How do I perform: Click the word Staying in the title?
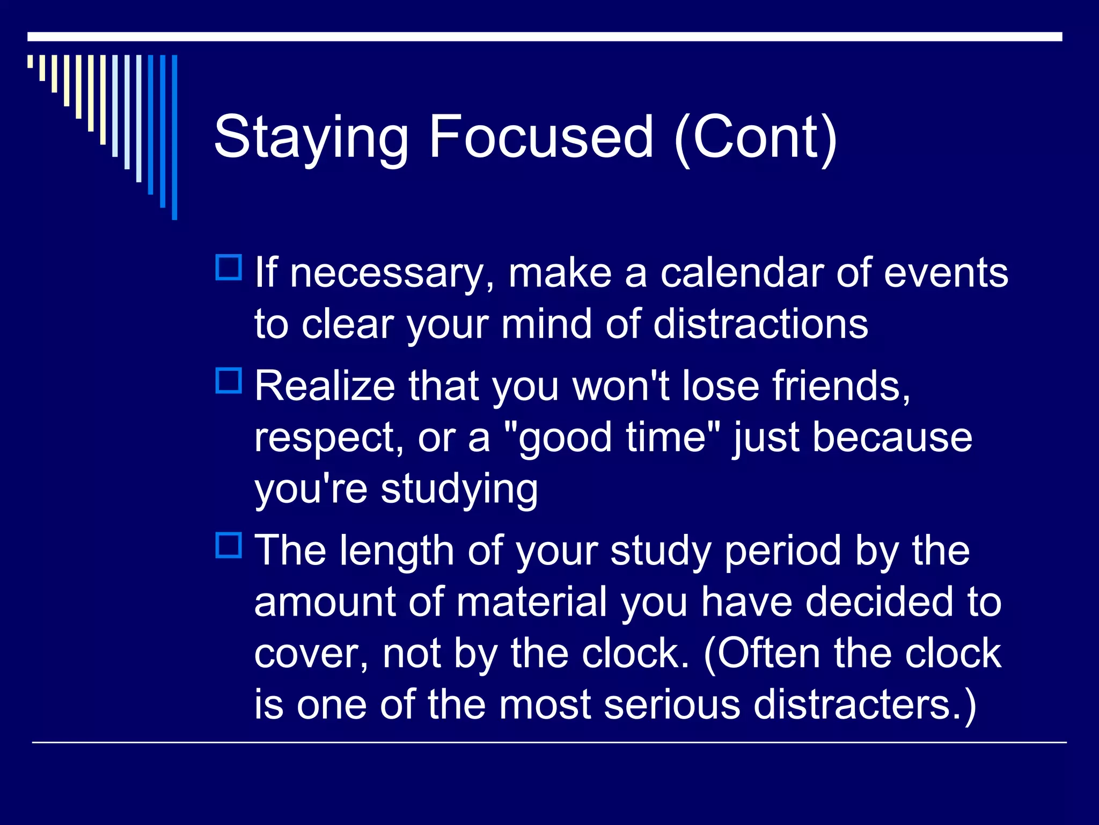click(x=311, y=138)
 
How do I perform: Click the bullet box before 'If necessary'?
click(x=229, y=267)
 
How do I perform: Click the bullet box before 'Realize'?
click(x=229, y=380)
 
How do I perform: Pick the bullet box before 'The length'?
click(x=229, y=545)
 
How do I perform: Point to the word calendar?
click(x=741, y=273)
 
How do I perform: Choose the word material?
click(x=531, y=602)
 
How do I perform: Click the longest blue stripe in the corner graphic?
click(x=174, y=137)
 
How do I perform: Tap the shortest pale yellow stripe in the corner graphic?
click(x=31, y=61)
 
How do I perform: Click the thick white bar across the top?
click(x=545, y=37)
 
